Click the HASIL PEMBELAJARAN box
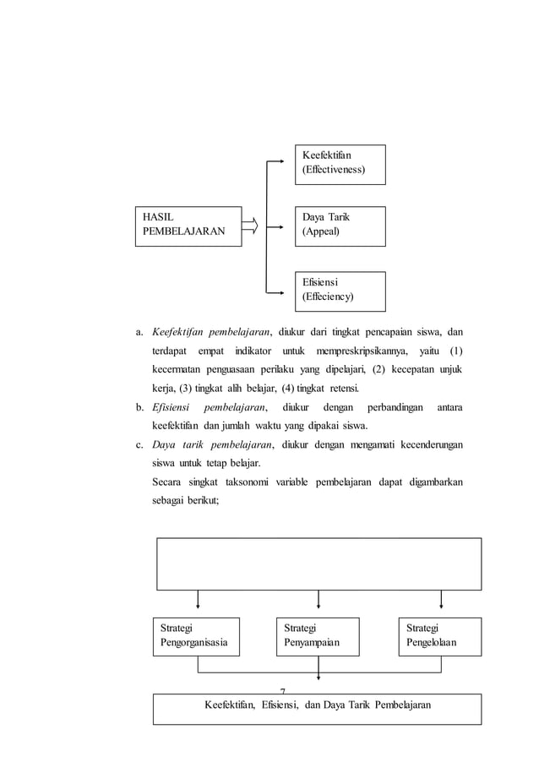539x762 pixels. click(187, 225)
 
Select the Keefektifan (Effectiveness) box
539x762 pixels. click(340, 164)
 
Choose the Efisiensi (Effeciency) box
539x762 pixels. click(340, 291)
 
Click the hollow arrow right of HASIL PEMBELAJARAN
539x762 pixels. click(250, 225)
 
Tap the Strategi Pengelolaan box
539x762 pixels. click(440, 636)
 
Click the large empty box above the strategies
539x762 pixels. click(318, 563)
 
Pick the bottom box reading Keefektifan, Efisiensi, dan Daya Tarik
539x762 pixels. click(317, 709)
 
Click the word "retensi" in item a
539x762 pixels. click(340, 389)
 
